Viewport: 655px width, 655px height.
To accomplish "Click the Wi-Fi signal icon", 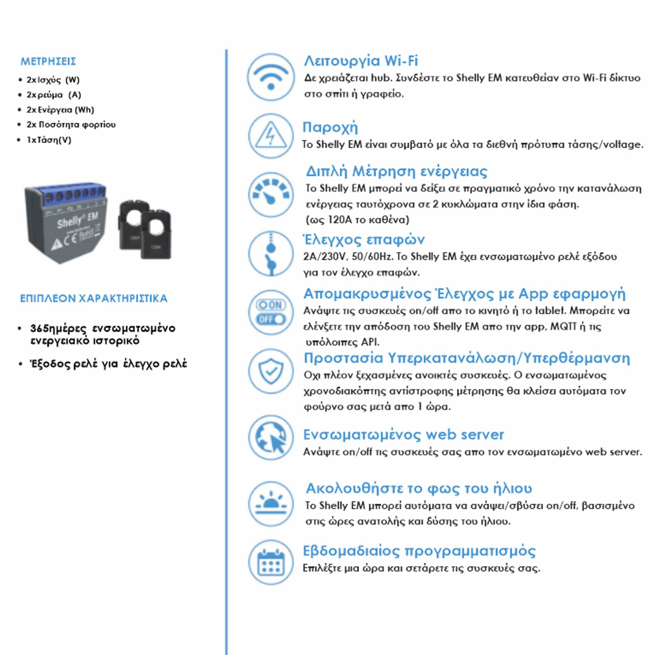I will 271,77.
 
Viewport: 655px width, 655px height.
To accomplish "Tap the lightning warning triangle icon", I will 271,136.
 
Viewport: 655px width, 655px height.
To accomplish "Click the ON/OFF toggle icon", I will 271,312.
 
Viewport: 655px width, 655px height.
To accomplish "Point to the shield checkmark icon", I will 271,371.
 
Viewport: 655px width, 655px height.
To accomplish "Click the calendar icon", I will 271,563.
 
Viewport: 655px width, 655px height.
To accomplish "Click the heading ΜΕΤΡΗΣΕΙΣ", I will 48,61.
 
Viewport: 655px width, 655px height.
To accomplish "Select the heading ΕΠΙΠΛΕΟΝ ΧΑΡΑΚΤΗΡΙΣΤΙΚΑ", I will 94,298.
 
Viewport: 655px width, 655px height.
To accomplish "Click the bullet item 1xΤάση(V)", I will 49,140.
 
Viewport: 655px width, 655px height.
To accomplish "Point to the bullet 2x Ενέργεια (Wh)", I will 60,110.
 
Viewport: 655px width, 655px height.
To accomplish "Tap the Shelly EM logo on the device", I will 77,220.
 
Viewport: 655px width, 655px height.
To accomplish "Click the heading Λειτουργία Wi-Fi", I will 361,61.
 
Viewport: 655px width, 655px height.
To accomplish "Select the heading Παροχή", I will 330,127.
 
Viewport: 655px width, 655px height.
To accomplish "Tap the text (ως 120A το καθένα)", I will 357,220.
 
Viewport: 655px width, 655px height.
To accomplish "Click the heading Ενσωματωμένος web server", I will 403,435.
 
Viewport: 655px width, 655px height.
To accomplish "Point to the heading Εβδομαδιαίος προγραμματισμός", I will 419,551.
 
